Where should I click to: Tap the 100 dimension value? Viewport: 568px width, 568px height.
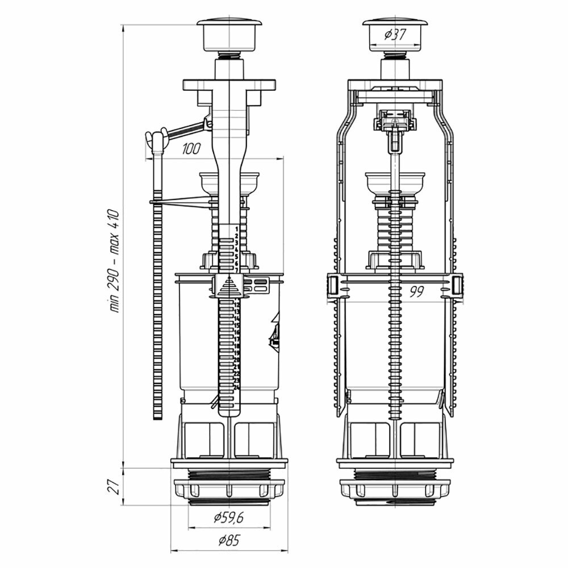[192, 150]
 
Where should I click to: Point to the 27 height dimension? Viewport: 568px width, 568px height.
[114, 486]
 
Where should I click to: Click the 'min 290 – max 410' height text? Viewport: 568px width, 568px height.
[114, 261]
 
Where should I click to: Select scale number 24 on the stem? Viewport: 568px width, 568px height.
[236, 386]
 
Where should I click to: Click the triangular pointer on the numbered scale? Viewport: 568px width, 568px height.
[229, 285]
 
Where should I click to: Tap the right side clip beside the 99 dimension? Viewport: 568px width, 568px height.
[457, 284]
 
